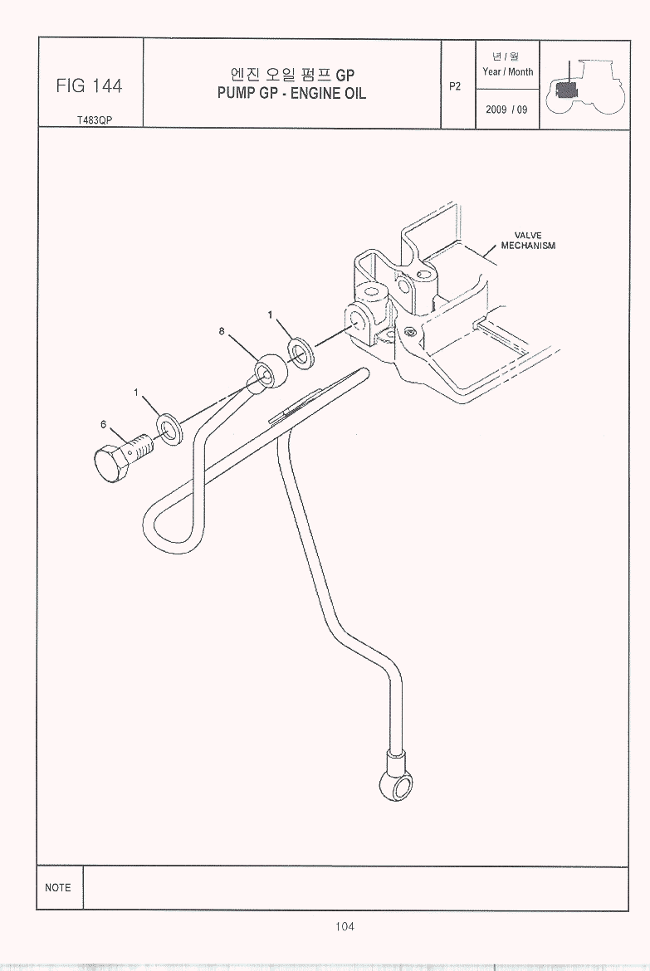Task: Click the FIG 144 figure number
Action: (x=89, y=85)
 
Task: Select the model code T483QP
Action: (x=95, y=120)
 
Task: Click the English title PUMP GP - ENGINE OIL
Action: (x=291, y=94)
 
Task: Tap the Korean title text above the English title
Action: (x=292, y=75)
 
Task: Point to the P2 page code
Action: (x=455, y=86)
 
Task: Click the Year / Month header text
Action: (x=507, y=72)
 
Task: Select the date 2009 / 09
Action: (x=507, y=110)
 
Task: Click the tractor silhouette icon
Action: (x=586, y=86)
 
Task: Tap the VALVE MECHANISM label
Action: (x=528, y=241)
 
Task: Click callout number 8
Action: (x=221, y=331)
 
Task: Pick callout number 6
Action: (x=104, y=424)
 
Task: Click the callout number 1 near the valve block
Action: (x=270, y=315)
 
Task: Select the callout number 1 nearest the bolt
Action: (x=135, y=392)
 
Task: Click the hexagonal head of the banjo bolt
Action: (x=111, y=463)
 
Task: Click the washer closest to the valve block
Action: (x=302, y=354)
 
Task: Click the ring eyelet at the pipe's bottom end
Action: (x=394, y=785)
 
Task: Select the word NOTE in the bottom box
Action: (x=57, y=887)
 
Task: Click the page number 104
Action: (x=345, y=926)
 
